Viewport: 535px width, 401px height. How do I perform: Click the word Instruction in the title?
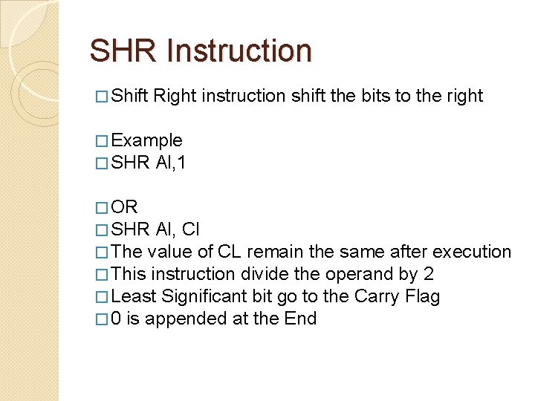pyautogui.click(x=240, y=51)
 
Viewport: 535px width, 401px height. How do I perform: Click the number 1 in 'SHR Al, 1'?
pyautogui.click(x=181, y=163)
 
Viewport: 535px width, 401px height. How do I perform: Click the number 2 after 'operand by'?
pyautogui.click(x=429, y=274)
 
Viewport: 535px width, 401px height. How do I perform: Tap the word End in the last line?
pyautogui.click(x=301, y=319)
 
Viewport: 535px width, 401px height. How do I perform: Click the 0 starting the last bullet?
pyautogui.click(x=117, y=319)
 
